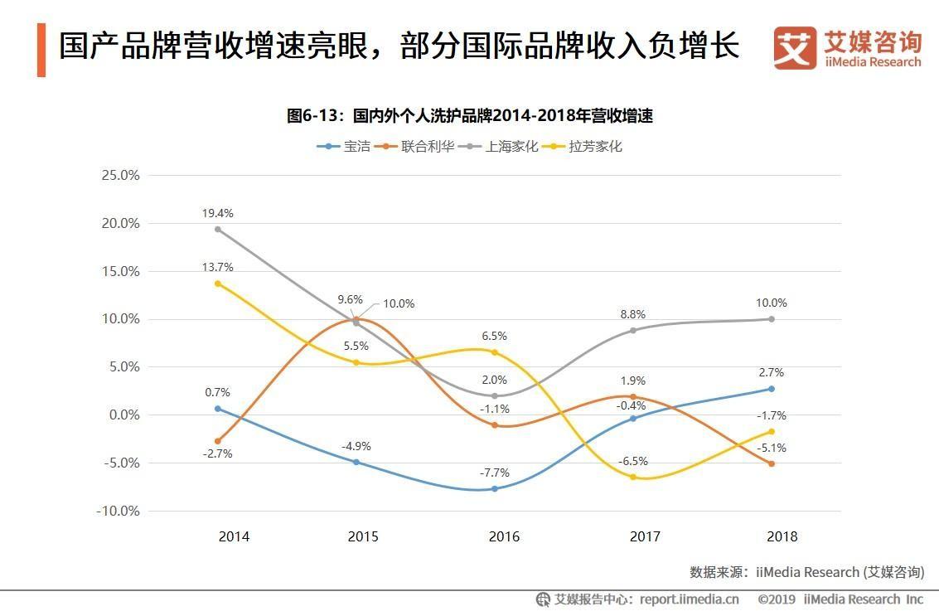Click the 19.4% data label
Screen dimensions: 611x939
(217, 213)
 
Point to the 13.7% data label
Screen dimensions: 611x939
(217, 267)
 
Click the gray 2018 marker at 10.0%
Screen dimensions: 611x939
(771, 319)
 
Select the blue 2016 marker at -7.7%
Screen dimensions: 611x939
(495, 488)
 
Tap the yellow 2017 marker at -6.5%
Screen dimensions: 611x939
(633, 477)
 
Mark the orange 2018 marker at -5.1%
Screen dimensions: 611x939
(771, 463)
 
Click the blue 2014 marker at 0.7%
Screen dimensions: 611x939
(218, 408)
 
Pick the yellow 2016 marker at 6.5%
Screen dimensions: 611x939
(495, 352)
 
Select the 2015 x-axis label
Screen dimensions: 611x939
(363, 536)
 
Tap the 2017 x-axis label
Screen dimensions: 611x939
(645, 536)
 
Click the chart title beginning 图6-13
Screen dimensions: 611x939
(470, 116)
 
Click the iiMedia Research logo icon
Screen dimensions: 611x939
(794, 47)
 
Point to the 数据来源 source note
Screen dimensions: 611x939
(806, 572)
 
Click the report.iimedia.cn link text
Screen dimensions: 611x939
(690, 599)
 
